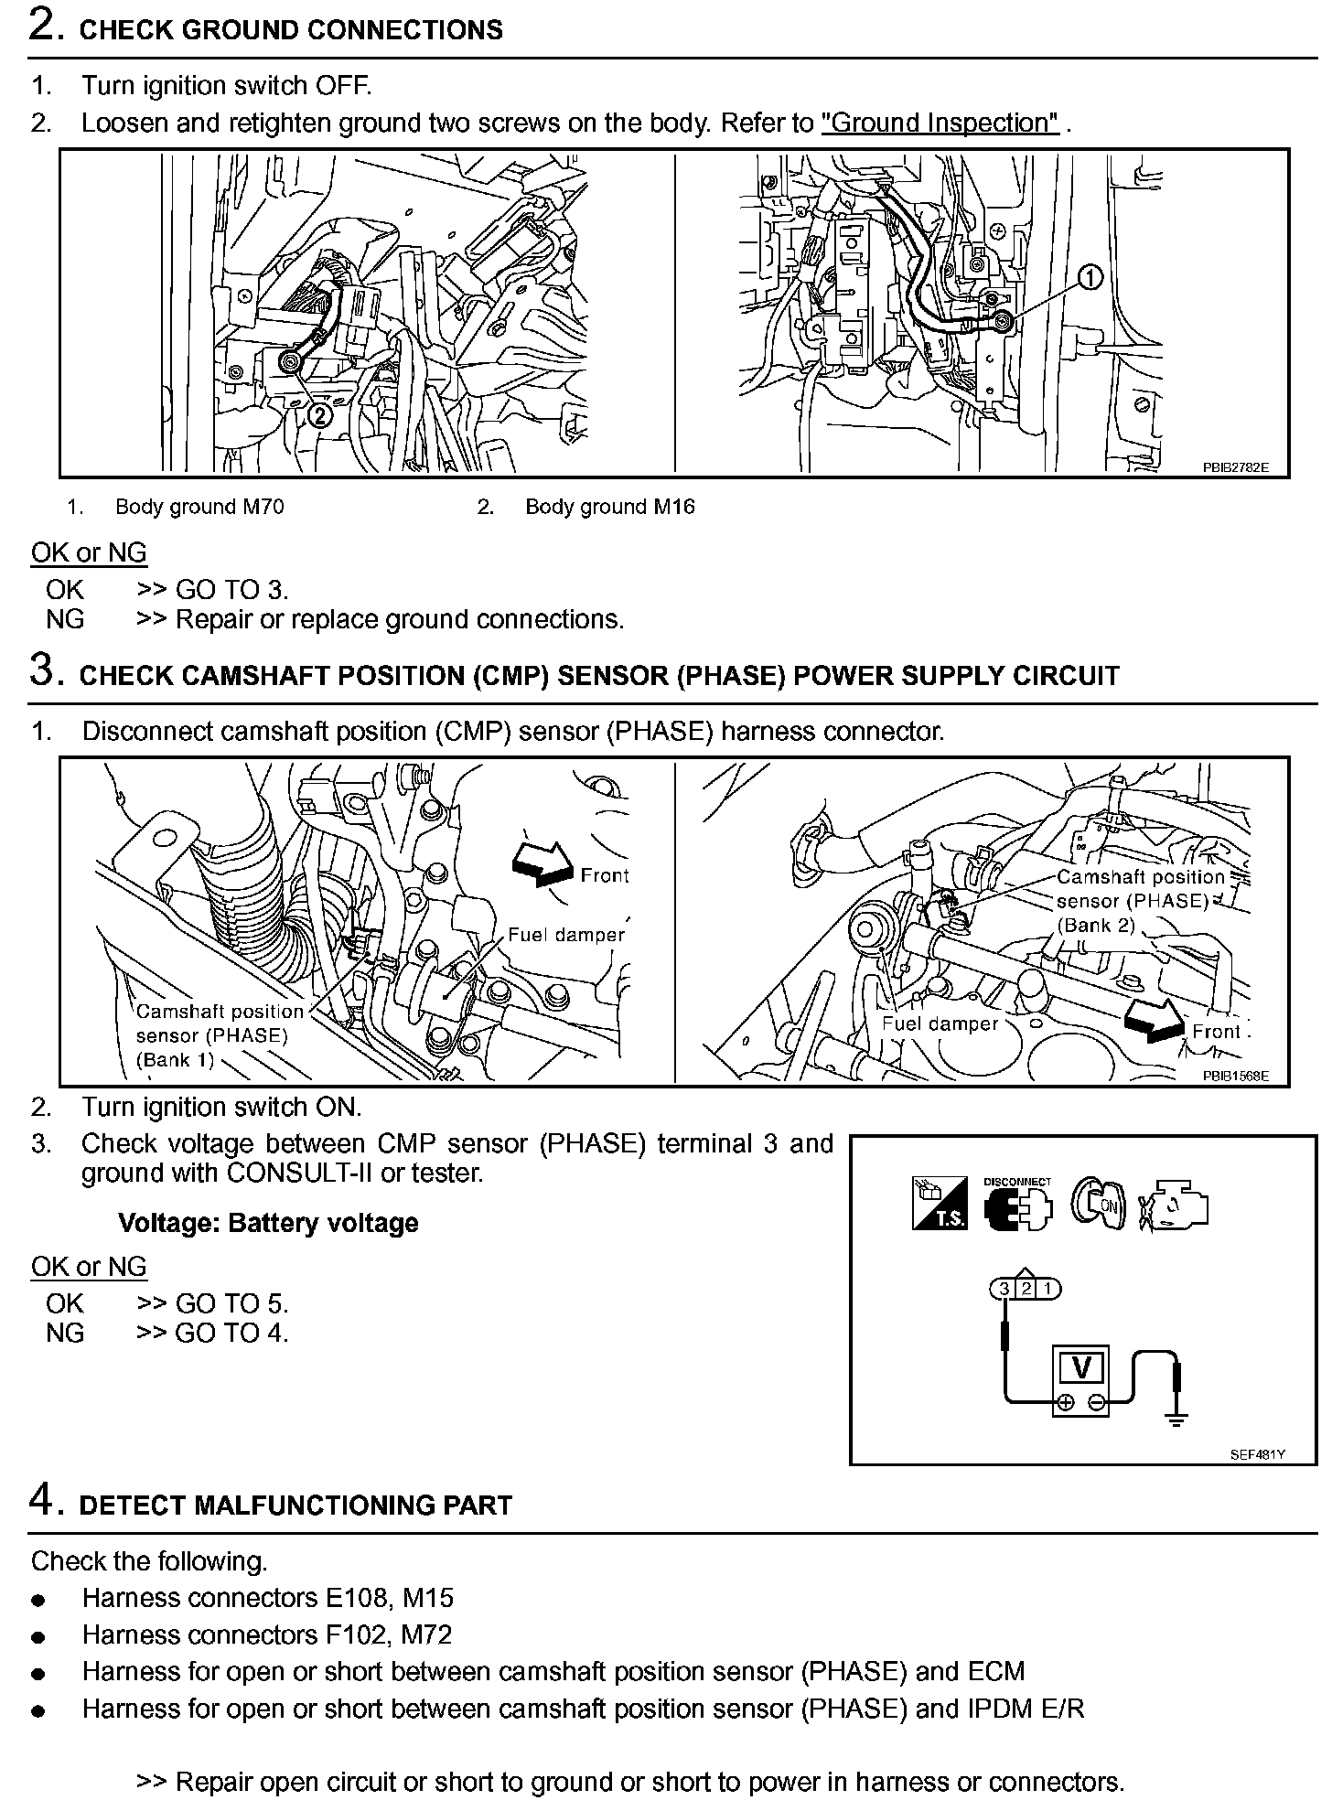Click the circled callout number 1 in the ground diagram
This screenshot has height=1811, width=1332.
pyautogui.click(x=1090, y=276)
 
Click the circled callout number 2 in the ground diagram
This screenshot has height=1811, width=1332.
pyautogui.click(x=319, y=415)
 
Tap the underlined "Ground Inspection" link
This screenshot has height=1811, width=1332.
pyautogui.click(x=940, y=123)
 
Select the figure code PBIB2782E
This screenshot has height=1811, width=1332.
pyautogui.click(x=1235, y=467)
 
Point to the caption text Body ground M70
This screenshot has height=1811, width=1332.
pyautogui.click(x=199, y=507)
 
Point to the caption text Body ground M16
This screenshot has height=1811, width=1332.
pyautogui.click(x=609, y=507)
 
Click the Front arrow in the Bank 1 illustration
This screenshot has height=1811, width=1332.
pyautogui.click(x=541, y=863)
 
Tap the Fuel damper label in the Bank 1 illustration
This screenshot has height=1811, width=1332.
pyautogui.click(x=566, y=935)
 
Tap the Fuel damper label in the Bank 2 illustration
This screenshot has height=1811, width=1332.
pyautogui.click(x=940, y=1023)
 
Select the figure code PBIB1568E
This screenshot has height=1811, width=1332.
pyautogui.click(x=1235, y=1076)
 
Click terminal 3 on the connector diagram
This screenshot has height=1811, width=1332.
pyautogui.click(x=1004, y=1289)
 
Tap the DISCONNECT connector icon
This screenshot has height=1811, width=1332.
pyautogui.click(x=1017, y=1205)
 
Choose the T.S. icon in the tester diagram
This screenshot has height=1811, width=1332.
pyautogui.click(x=940, y=1205)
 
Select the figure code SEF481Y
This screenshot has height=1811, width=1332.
pyautogui.click(x=1257, y=1454)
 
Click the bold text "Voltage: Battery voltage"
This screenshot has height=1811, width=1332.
pyautogui.click(x=268, y=1223)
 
